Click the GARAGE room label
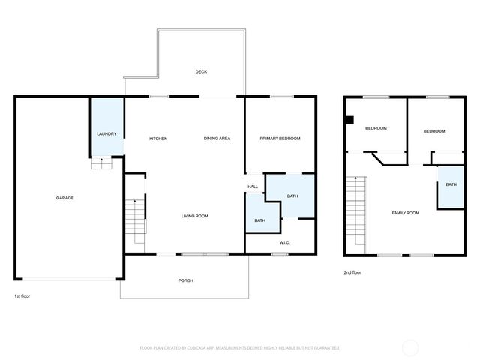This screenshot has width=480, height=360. (64, 198)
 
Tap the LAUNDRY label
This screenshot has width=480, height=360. (106, 133)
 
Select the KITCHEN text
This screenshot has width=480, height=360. (158, 139)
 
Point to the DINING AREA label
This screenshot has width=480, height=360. (217, 139)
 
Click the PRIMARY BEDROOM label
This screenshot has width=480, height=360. (280, 139)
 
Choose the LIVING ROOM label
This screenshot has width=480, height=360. (194, 217)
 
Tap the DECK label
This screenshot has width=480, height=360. (201, 72)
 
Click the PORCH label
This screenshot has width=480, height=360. (185, 280)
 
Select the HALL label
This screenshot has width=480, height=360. (253, 187)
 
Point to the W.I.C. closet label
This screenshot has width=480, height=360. (285, 242)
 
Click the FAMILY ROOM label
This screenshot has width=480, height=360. (405, 213)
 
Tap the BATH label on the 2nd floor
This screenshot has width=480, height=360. (451, 184)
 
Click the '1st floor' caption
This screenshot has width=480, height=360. (22, 296)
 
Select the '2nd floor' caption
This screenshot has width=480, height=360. (352, 272)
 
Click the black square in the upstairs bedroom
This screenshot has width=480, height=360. (349, 118)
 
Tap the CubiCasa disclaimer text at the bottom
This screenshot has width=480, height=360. (240, 348)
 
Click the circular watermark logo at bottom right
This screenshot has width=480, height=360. (410, 347)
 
